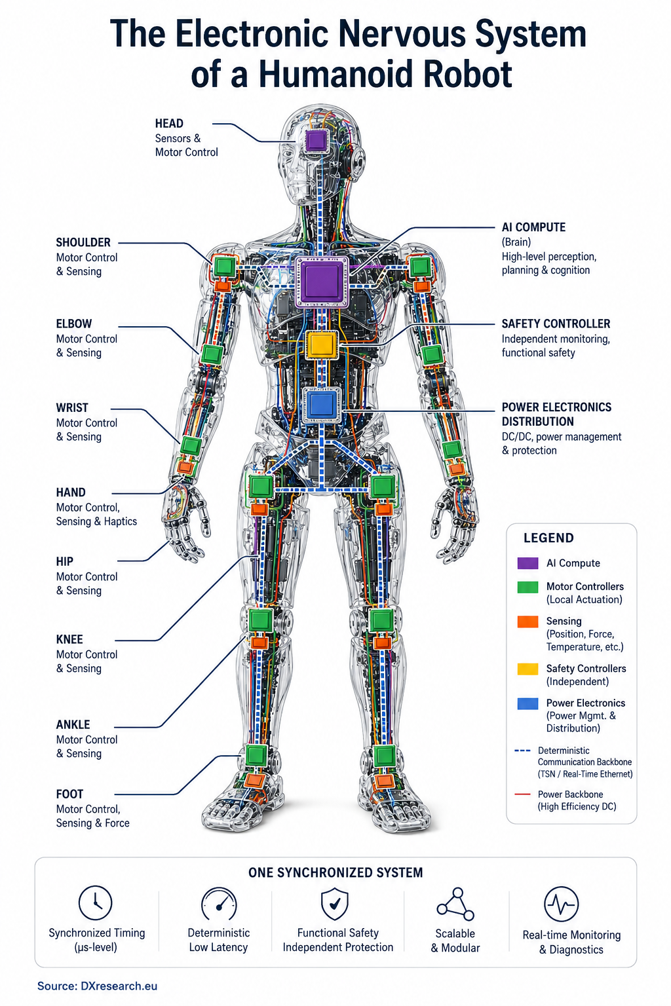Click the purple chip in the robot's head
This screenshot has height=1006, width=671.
[316, 141]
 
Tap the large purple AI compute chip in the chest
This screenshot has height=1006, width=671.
[322, 282]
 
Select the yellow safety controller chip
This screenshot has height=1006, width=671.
[322, 345]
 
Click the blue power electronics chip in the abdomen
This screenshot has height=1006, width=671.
[322, 405]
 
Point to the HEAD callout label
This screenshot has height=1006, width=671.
[169, 124]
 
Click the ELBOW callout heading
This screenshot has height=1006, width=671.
[73, 324]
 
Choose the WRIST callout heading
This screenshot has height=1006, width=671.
[72, 408]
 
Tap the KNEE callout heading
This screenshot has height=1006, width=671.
[69, 639]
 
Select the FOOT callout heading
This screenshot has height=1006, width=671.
[69, 794]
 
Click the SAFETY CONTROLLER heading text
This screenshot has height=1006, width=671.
[556, 324]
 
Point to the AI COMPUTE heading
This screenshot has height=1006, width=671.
[533, 227]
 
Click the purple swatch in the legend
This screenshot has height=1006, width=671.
[527, 563]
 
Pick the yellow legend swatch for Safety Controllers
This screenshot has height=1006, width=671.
[527, 669]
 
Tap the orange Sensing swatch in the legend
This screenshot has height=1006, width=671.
[527, 622]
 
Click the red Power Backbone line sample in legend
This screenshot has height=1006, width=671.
[522, 794]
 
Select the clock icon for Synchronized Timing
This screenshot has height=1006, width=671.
[95, 903]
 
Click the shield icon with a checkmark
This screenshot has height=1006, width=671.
[335, 903]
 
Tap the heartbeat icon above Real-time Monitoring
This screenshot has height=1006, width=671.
[562, 904]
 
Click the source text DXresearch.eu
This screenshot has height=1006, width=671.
[119, 986]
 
